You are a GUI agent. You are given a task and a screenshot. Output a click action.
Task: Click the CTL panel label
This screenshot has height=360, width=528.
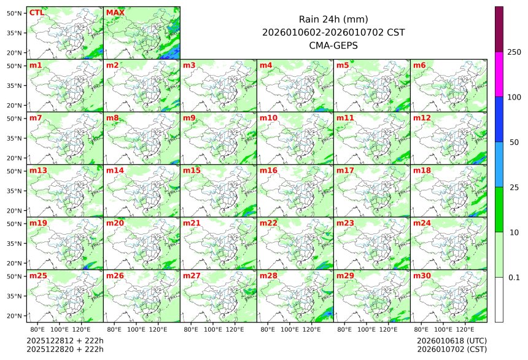[x=36, y=12]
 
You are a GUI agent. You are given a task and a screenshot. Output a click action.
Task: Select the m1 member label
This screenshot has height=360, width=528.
[x=36, y=65]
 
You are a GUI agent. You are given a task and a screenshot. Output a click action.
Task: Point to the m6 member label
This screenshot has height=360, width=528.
[x=419, y=65]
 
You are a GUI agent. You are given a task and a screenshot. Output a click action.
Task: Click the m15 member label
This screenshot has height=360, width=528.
[x=192, y=170]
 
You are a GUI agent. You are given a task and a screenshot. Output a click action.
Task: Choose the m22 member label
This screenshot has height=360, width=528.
[x=268, y=223]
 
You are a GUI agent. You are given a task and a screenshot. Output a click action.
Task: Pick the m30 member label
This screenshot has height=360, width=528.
[x=422, y=276]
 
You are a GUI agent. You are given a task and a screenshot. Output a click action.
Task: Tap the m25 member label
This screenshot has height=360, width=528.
[x=38, y=276]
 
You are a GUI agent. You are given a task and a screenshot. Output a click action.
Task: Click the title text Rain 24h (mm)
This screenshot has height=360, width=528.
[x=333, y=19]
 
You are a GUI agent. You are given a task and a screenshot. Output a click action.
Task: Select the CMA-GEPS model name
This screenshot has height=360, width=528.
[x=333, y=45]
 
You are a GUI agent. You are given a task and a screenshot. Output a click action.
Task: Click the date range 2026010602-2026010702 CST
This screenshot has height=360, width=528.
[x=333, y=32]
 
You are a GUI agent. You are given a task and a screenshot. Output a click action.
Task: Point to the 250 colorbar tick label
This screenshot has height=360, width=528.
[x=514, y=52]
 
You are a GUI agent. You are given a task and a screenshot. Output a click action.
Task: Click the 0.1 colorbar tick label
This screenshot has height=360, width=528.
[x=514, y=278]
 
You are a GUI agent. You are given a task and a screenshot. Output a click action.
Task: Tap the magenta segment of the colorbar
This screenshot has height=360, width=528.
[x=499, y=74]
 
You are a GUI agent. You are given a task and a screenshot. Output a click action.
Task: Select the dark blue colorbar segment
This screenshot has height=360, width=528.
[x=499, y=119]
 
